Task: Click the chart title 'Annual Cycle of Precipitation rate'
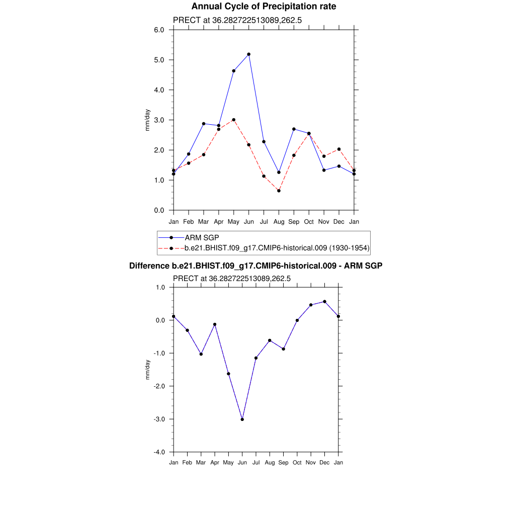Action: point(264,7)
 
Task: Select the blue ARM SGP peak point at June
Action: point(248,54)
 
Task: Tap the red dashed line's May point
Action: point(233,120)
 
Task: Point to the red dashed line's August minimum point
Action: point(279,191)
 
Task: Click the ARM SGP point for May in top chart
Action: point(233,71)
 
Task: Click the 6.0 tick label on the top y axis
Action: point(159,30)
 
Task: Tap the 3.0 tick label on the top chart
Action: point(159,120)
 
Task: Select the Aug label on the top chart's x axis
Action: point(279,221)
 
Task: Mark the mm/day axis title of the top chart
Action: point(147,120)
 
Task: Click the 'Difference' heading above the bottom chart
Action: point(255,266)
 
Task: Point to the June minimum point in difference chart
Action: point(242,419)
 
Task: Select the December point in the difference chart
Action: point(325,302)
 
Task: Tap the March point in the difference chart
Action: point(201,354)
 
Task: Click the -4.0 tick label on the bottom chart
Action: point(160,452)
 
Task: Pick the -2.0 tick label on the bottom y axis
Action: point(160,386)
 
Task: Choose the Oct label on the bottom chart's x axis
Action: point(297,463)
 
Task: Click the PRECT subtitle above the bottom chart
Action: point(232,278)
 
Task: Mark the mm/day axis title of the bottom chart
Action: point(147,370)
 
